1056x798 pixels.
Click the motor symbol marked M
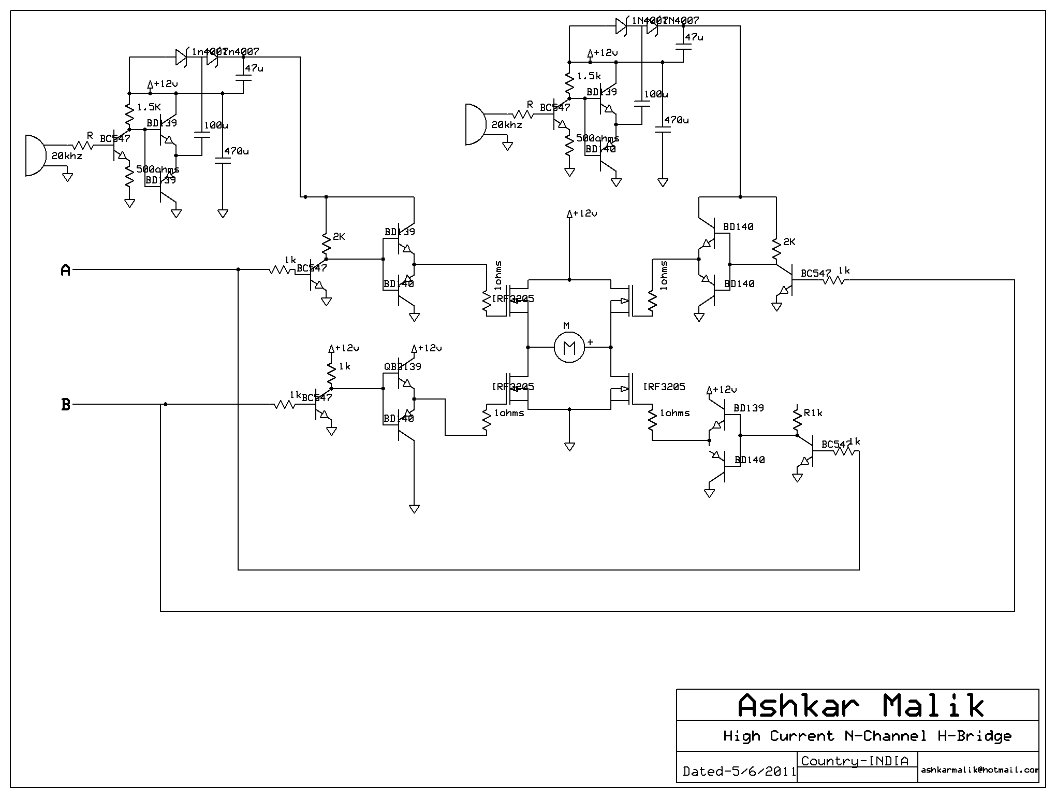[x=569, y=347]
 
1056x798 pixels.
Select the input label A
[x=66, y=270]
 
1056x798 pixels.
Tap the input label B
[x=66, y=405]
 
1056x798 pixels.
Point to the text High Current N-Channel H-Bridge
[x=867, y=736]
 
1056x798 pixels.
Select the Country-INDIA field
[x=855, y=761]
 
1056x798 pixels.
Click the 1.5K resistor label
[x=149, y=107]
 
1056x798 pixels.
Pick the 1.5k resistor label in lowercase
[x=589, y=76]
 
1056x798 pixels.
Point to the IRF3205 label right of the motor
[x=664, y=387]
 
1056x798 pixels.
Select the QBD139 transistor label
[x=402, y=366]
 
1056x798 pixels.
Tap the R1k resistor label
[x=813, y=413]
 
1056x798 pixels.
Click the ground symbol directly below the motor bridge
[x=569, y=446]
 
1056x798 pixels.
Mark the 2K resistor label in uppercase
[x=339, y=237]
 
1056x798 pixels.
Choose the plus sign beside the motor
[x=590, y=343]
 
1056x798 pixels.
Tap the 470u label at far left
[x=236, y=151]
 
